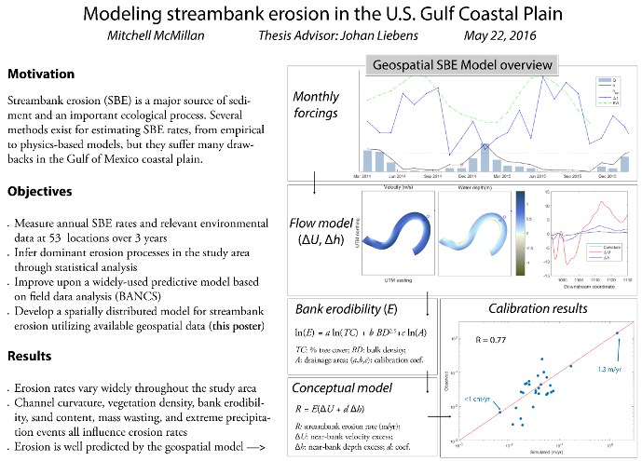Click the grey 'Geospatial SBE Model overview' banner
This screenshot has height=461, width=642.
pos(463,65)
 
